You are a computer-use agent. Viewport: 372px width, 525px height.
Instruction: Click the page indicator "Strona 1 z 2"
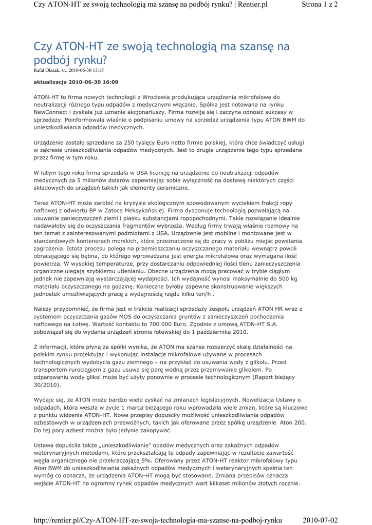click(320, 5)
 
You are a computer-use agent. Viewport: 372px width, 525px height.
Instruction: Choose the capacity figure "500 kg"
click(287, 279)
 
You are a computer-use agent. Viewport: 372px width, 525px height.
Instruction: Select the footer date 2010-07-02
click(321, 520)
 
